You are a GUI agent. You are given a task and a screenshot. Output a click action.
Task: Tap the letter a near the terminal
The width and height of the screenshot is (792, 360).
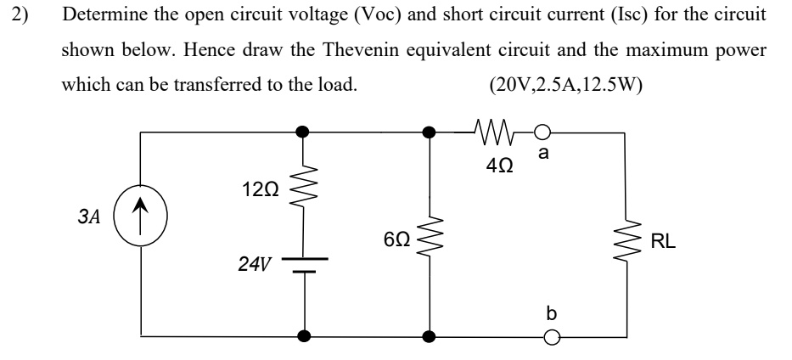click(543, 154)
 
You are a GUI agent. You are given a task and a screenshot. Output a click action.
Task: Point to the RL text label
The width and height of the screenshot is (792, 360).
click(663, 243)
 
